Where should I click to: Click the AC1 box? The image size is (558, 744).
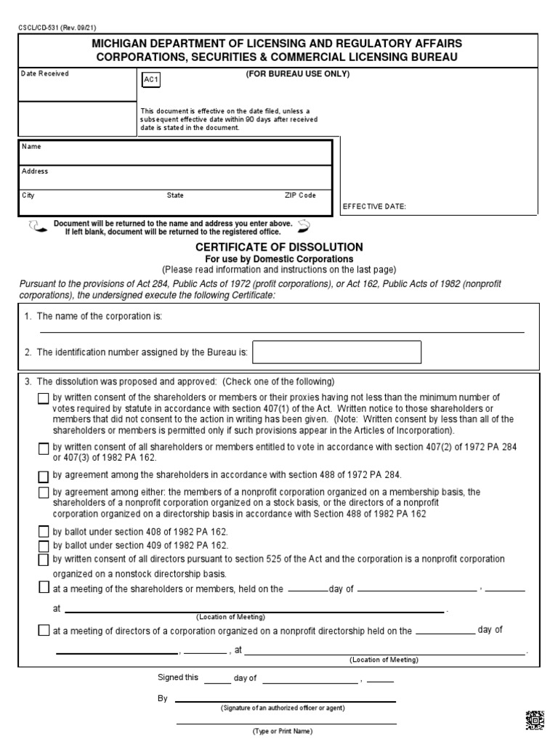(150, 81)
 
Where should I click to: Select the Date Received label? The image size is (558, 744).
(44, 74)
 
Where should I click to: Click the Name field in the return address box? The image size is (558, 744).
(174, 153)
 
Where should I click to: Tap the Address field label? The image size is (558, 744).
(35, 171)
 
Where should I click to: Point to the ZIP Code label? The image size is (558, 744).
(300, 195)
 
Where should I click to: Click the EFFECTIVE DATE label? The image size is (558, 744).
(374, 206)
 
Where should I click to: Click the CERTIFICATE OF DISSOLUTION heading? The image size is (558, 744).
(279, 247)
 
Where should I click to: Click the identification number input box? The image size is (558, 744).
(336, 352)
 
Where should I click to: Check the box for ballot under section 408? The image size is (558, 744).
(44, 532)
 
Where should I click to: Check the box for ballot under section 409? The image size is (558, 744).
(44, 545)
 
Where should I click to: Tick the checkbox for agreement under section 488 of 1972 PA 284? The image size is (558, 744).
(44, 477)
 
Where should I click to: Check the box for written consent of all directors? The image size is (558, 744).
(44, 559)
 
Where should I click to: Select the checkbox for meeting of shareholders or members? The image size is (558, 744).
(44, 588)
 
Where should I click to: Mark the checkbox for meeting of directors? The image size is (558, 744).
(44, 631)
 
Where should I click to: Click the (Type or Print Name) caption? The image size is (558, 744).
(282, 731)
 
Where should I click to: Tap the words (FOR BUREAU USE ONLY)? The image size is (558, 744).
(298, 74)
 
